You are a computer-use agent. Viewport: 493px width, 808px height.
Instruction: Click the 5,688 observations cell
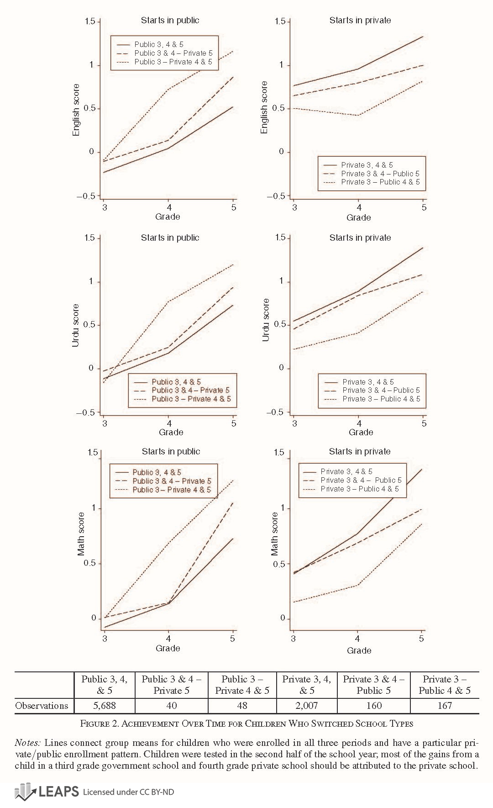click(x=105, y=706)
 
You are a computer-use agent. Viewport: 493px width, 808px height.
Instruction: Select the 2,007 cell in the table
click(x=306, y=706)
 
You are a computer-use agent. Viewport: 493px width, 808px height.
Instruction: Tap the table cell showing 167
click(x=445, y=706)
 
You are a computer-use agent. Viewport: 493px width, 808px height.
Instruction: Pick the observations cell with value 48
click(x=242, y=706)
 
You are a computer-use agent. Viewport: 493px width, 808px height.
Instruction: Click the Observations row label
click(x=42, y=706)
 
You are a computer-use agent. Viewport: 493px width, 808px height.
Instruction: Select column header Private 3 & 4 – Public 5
click(x=373, y=685)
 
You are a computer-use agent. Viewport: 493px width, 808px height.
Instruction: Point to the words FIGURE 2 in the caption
click(x=100, y=724)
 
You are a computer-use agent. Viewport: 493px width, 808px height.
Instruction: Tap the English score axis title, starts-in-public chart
click(x=76, y=110)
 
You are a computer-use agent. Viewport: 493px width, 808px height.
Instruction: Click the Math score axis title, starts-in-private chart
click(x=274, y=534)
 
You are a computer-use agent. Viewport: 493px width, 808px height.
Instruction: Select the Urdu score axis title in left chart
click(x=76, y=325)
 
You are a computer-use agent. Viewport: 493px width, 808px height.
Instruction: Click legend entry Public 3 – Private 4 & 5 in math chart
click(x=172, y=490)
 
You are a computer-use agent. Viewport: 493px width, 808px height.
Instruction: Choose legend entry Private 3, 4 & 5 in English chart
click(x=367, y=165)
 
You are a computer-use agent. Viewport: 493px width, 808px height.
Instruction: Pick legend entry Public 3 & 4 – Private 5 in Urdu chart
click(x=190, y=390)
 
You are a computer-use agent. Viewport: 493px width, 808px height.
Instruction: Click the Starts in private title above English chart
click(x=360, y=20)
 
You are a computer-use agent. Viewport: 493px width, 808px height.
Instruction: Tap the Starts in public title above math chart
click(x=171, y=451)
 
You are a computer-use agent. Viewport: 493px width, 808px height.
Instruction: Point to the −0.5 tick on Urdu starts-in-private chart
click(x=274, y=412)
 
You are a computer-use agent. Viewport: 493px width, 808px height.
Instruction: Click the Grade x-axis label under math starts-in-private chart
click(x=359, y=650)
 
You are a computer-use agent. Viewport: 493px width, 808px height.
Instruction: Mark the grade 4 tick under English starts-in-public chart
click(x=168, y=207)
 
